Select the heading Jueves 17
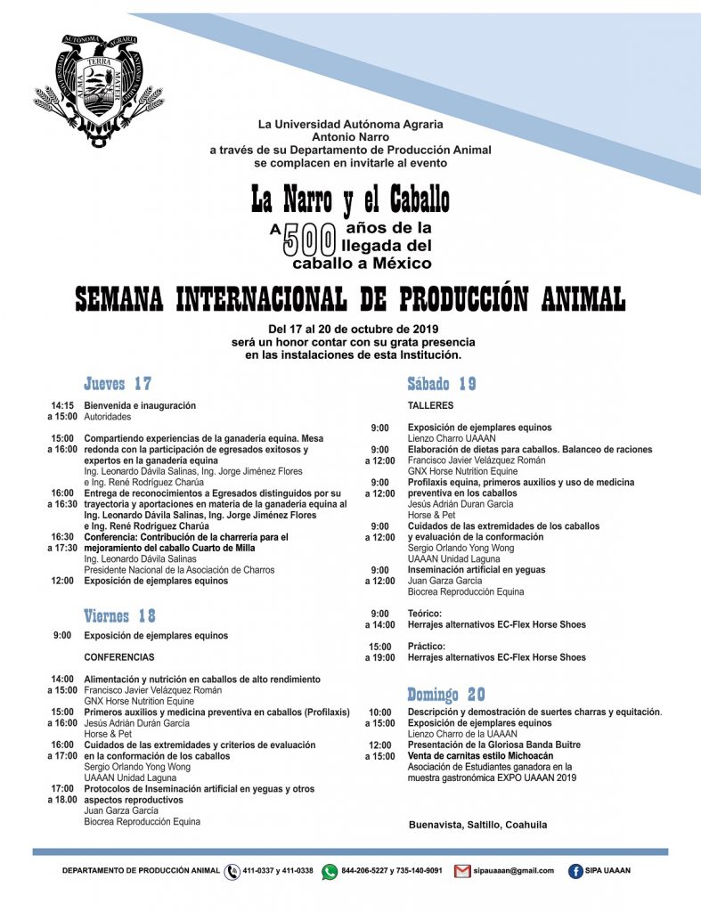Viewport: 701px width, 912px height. coord(118,384)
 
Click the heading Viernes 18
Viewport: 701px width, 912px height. coord(119,615)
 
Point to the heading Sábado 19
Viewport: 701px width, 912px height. coord(442,384)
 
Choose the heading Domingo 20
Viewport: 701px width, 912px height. coord(446,694)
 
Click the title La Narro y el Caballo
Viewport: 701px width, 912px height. coord(350,199)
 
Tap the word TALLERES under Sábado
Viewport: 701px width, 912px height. coord(430,405)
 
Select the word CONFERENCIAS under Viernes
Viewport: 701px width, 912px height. coord(119,657)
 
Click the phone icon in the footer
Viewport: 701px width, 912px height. coord(232,872)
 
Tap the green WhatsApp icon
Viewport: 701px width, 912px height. coord(330,872)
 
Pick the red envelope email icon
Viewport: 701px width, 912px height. coord(461,871)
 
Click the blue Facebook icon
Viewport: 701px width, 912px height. coord(575,871)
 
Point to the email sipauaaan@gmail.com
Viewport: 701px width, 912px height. coord(514,871)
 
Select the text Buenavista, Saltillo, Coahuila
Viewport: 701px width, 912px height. coord(477,825)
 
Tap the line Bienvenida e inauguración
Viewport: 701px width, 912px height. coord(140,405)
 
